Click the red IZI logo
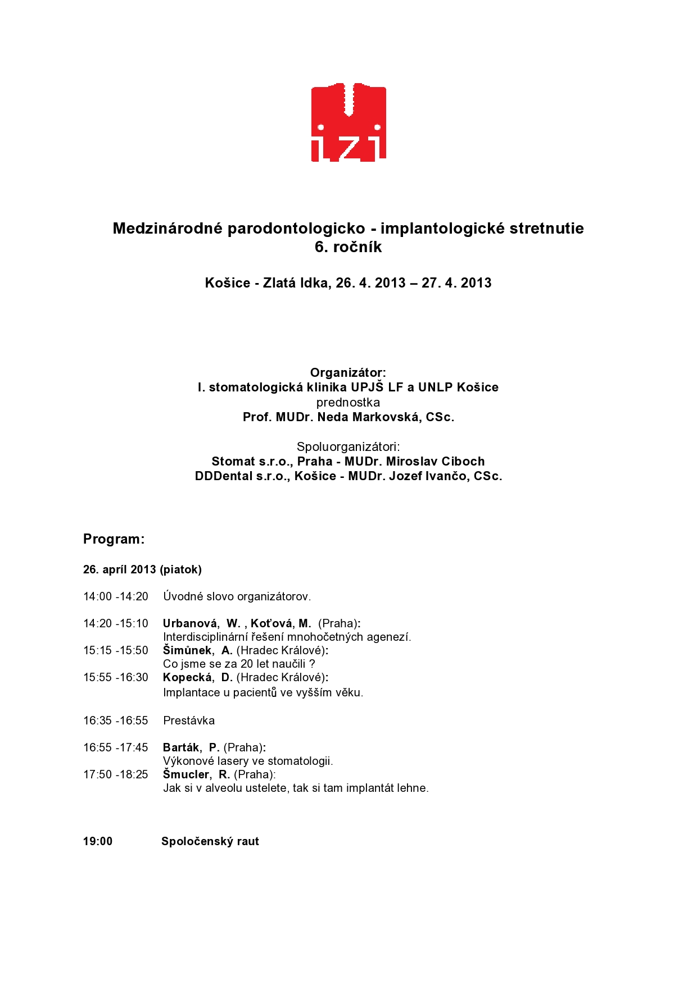coord(348,122)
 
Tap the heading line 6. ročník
coord(348,247)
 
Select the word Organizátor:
coord(348,373)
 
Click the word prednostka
coord(348,403)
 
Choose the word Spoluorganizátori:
coord(348,447)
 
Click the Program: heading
coord(114,539)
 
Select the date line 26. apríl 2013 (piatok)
coord(142,569)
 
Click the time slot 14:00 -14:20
coord(116,596)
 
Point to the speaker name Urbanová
coord(190,623)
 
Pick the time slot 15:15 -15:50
coord(116,650)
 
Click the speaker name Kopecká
coord(188,677)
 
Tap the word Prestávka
coord(189,720)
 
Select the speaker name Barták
coord(181,747)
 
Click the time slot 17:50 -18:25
coord(116,774)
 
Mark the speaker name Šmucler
coord(186,774)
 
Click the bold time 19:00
coord(98,841)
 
